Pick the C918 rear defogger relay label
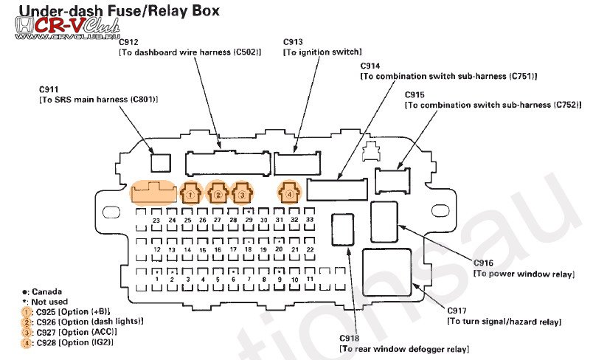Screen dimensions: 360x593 pos(352,338)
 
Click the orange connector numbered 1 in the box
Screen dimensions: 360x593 pos(190,194)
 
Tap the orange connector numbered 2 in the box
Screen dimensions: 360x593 pos(218,194)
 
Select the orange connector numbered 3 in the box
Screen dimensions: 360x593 pos(241,194)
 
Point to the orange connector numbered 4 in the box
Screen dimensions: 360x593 pos(290,194)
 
